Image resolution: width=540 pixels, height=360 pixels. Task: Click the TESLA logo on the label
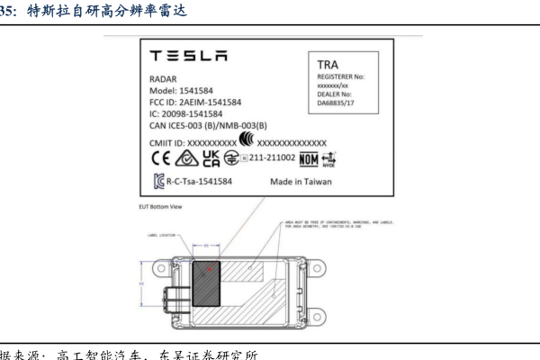pyautogui.click(x=187, y=58)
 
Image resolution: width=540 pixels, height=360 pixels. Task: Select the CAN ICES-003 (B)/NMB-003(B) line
pyautogui.click(x=209, y=127)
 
